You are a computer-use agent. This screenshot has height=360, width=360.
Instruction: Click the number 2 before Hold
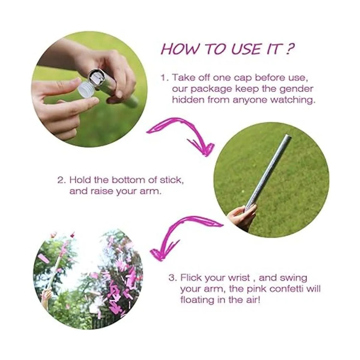coord(61,181)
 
